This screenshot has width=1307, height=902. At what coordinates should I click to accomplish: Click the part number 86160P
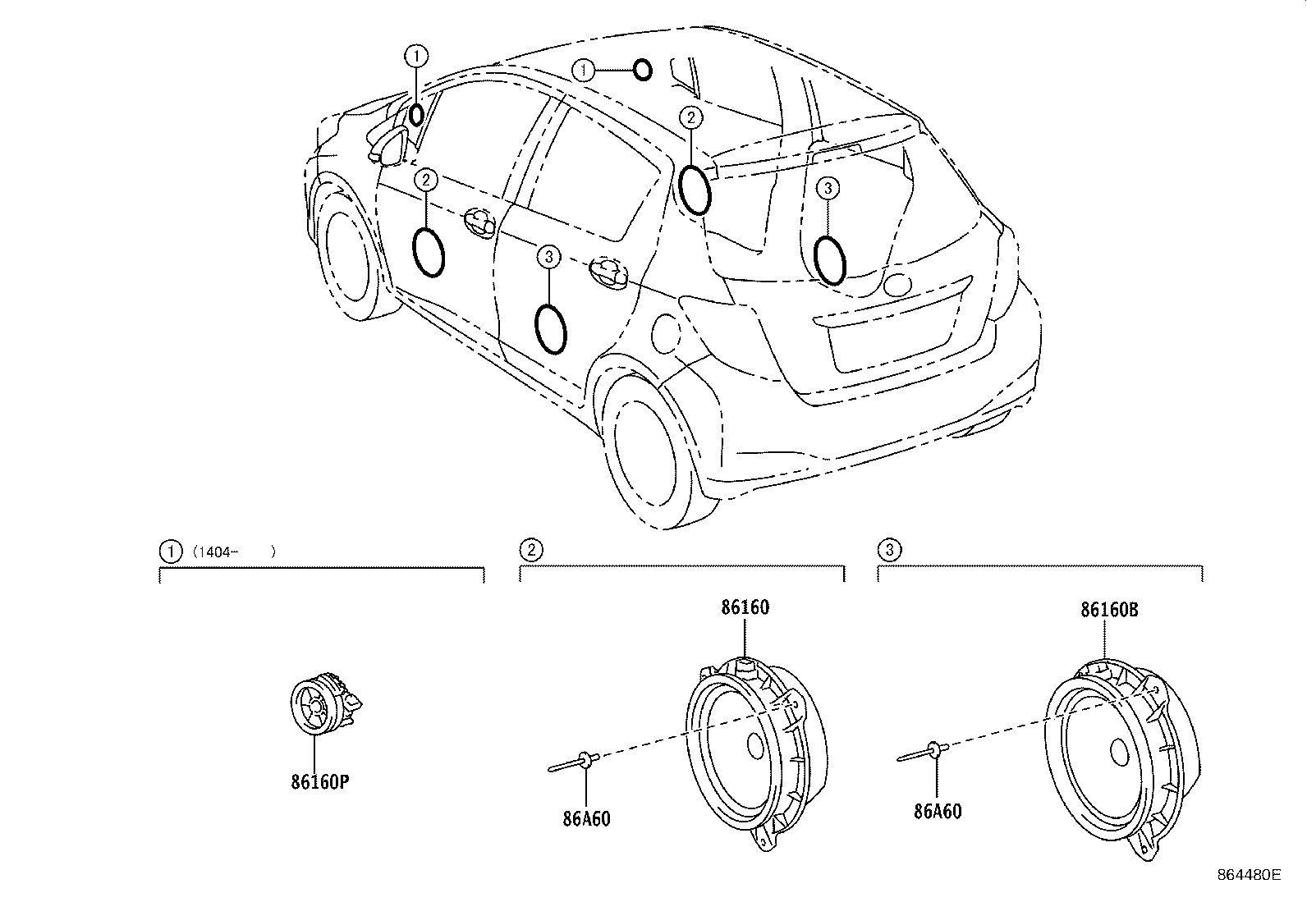pyautogui.click(x=319, y=782)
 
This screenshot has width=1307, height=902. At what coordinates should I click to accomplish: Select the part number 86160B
pyautogui.click(x=1108, y=611)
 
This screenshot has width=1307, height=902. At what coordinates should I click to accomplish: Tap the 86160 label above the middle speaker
pyautogui.click(x=745, y=608)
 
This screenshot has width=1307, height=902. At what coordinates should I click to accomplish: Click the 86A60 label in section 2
pyautogui.click(x=586, y=818)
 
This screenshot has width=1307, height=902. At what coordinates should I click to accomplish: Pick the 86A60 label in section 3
pyautogui.click(x=937, y=812)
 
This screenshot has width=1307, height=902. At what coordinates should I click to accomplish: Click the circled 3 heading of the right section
pyautogui.click(x=889, y=549)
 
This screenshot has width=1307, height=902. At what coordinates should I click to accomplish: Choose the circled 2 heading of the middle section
pyautogui.click(x=531, y=549)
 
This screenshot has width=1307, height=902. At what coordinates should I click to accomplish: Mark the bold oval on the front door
pyautogui.click(x=428, y=252)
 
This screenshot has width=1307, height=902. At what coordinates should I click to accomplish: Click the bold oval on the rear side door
pyautogui.click(x=550, y=327)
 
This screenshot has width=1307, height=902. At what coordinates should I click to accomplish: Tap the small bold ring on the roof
pyautogui.click(x=643, y=71)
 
